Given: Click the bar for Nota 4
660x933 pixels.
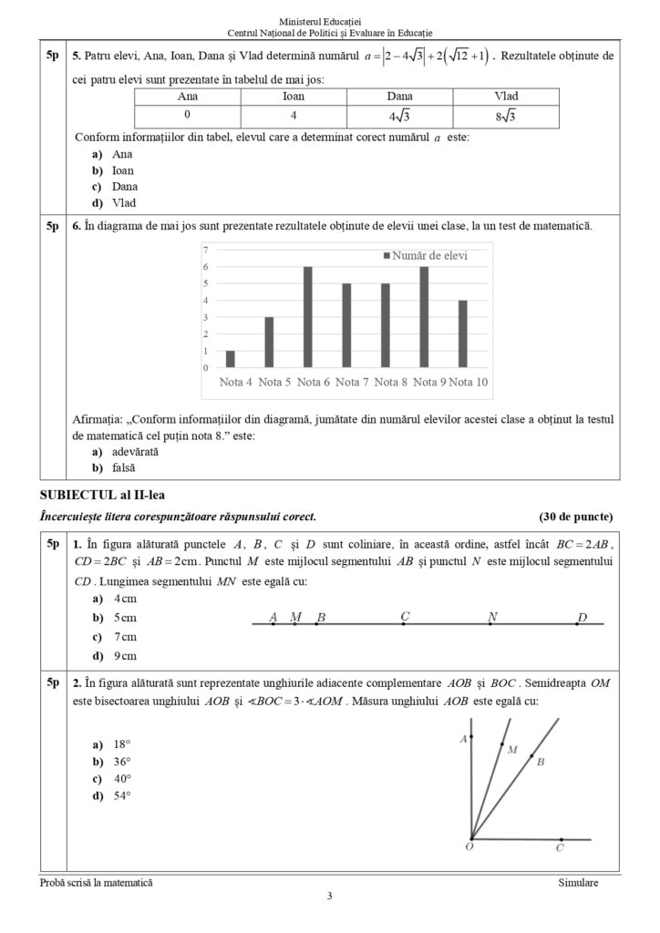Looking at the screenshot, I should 231,359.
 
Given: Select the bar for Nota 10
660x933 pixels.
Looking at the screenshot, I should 462,333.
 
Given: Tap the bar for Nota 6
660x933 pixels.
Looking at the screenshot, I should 308,317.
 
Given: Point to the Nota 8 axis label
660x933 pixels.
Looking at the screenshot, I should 391,382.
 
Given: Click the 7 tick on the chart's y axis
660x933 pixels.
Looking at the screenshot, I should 206,250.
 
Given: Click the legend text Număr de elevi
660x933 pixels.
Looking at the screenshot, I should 430,256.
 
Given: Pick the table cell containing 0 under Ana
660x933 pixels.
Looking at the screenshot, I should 187,116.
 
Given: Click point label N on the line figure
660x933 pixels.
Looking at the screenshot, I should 492,617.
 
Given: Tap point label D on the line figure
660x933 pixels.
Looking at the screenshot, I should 582,618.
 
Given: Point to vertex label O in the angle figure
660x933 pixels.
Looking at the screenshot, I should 468,848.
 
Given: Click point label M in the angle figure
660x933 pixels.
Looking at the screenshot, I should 512,751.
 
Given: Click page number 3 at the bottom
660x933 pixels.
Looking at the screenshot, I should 330,897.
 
